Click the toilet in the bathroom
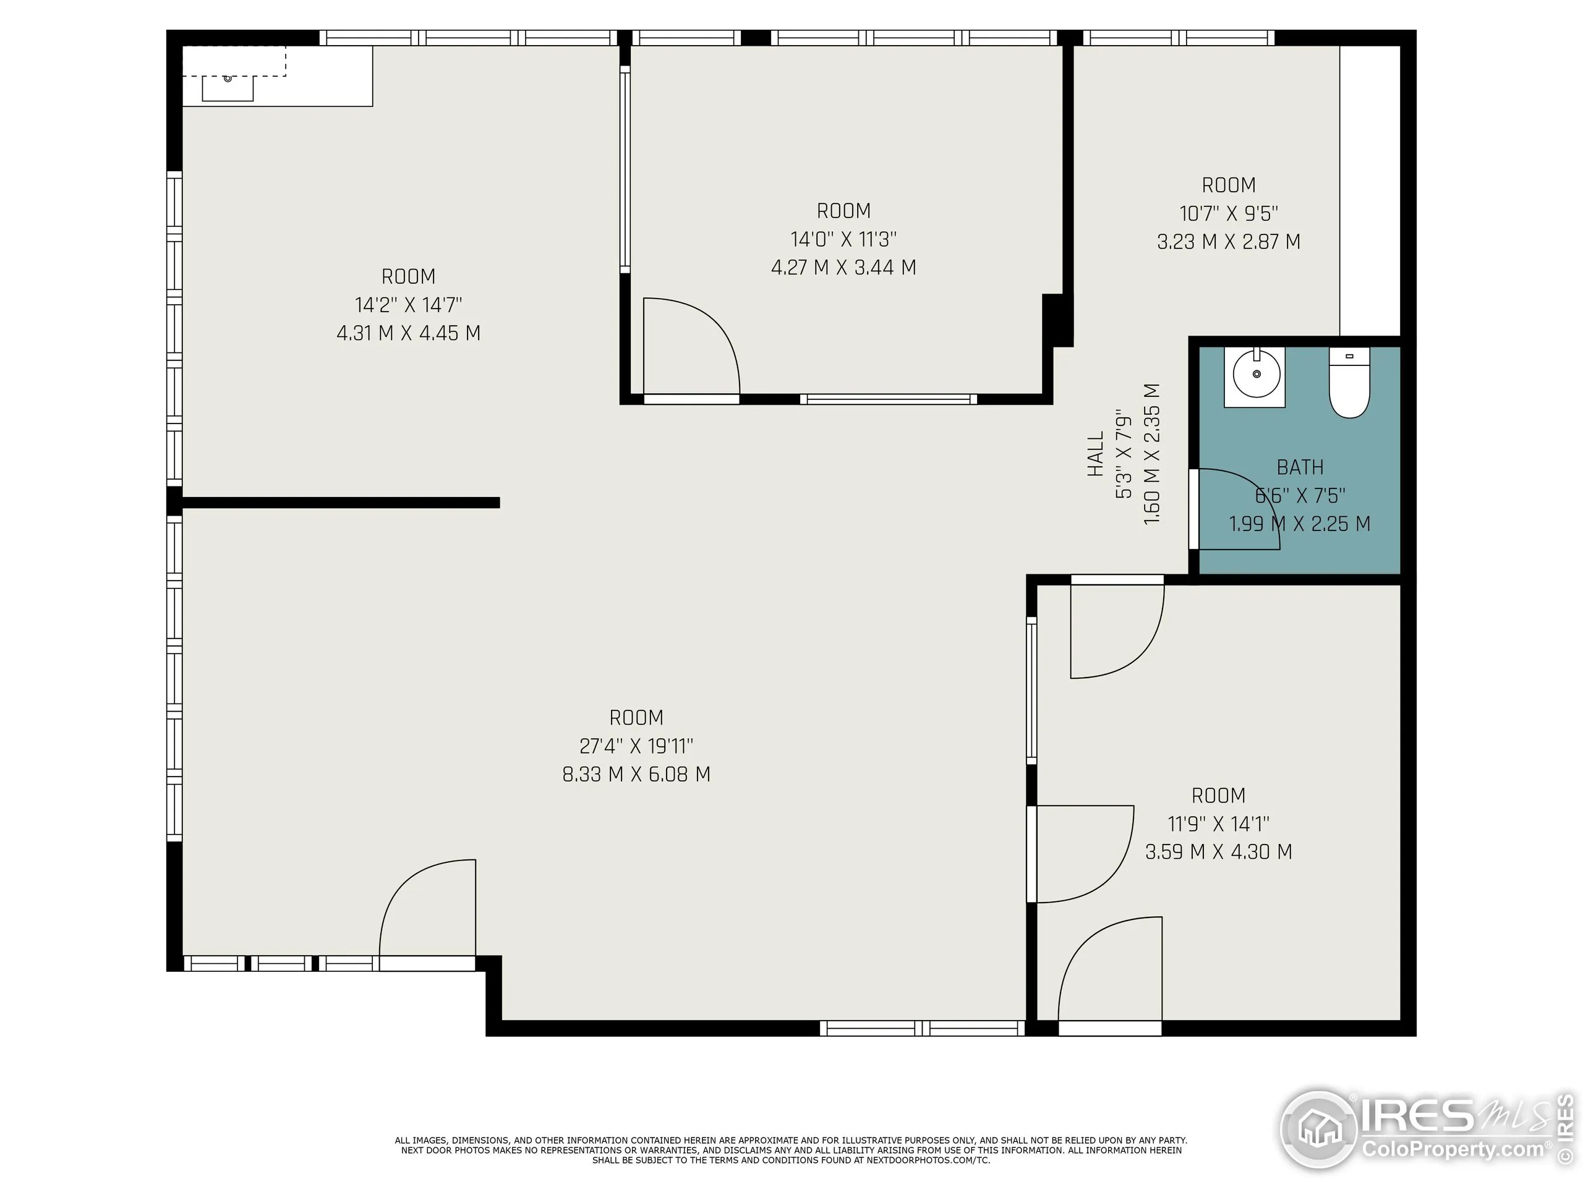[1349, 383]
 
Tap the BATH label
[1300, 467]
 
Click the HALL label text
[1096, 454]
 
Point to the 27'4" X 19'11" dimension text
[636, 746]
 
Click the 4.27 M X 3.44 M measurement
[843, 268]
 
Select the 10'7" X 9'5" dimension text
[1228, 213]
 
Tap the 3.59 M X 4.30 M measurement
[1218, 851]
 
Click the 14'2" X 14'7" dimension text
[408, 305]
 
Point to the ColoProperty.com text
[1453, 1150]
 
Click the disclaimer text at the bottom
[791, 1150]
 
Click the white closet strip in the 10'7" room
[1369, 190]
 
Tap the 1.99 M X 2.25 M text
[1300, 524]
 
